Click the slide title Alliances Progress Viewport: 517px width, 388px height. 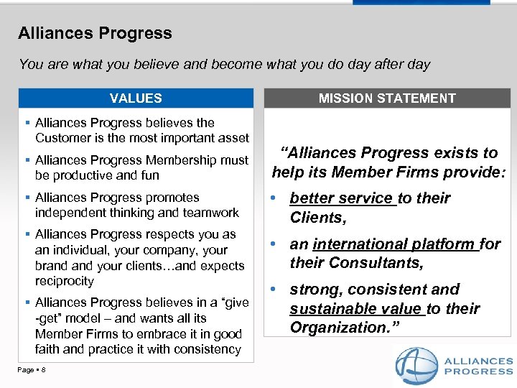pos(95,33)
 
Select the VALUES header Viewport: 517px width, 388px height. pos(136,98)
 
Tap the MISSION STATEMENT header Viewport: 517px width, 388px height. pos(387,98)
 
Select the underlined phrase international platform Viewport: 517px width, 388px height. pos(395,244)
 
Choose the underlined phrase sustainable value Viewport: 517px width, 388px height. pos(356,309)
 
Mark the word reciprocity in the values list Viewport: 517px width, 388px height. pos(65,281)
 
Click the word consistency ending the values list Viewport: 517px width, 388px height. pos(208,349)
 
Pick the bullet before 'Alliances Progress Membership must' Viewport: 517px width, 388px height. pos(27,160)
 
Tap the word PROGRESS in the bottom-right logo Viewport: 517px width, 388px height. pos(479,371)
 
